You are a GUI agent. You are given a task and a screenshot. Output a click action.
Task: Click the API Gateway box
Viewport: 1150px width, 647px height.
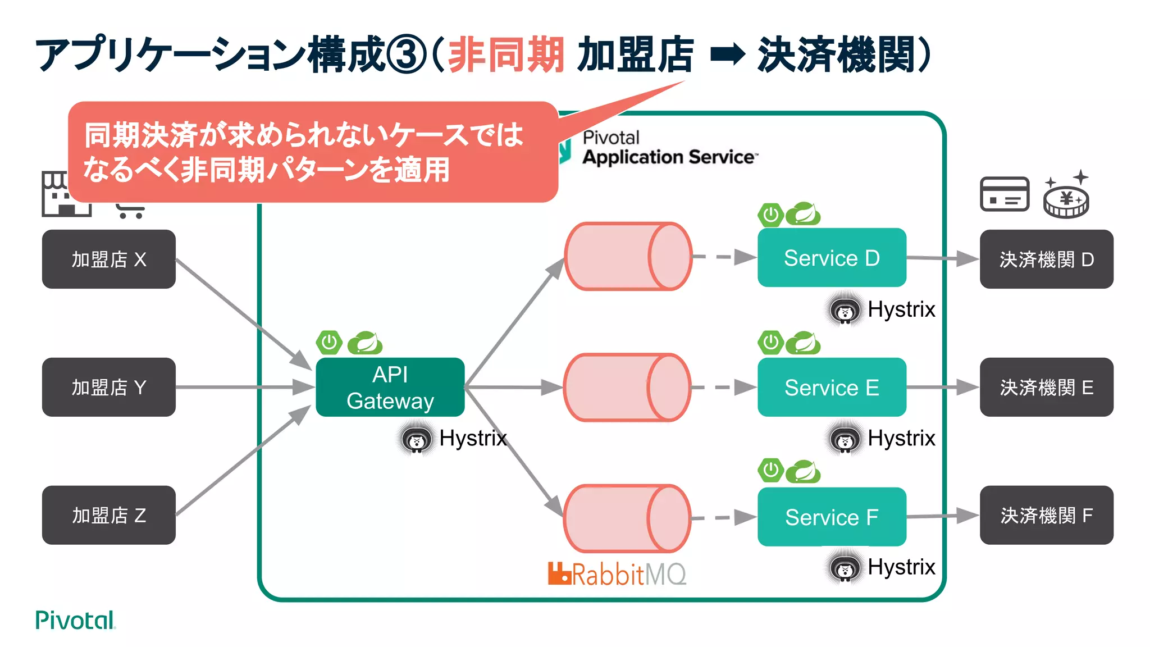390,387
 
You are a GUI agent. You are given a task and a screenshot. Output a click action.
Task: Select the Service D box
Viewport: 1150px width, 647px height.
831,258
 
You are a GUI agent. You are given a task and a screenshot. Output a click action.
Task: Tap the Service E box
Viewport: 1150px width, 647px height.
831,387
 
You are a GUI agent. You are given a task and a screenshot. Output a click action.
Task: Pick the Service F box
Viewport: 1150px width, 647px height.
831,517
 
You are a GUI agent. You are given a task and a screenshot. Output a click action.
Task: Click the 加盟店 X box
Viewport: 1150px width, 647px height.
108,259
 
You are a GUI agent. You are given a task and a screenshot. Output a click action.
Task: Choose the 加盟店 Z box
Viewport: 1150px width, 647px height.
108,515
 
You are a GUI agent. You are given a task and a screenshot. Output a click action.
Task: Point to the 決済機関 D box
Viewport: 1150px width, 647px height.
1046,259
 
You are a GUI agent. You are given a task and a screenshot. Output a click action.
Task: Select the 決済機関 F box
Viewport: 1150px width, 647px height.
1046,515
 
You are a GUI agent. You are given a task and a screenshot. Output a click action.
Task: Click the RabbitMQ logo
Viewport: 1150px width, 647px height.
617,574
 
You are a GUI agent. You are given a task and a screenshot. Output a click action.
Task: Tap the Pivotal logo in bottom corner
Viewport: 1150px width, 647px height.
75,620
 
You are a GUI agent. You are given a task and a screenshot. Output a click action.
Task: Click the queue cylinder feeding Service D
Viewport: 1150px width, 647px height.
628,257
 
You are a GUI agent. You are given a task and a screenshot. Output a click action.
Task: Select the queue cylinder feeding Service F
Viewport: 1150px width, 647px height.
627,518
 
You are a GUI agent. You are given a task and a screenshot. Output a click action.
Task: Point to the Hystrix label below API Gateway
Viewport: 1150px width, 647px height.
473,438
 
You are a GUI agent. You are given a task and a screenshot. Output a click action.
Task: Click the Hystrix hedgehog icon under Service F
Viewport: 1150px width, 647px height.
845,568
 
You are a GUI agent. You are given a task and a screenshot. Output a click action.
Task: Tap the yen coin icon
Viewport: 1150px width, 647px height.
1066,198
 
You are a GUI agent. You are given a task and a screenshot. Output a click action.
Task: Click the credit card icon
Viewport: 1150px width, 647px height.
1004,194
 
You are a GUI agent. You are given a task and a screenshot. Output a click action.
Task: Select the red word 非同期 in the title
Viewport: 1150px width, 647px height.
505,55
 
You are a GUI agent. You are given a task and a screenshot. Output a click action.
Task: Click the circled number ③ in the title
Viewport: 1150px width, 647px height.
407,55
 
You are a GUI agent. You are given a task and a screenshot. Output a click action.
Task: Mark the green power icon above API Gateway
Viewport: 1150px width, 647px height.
329,342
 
